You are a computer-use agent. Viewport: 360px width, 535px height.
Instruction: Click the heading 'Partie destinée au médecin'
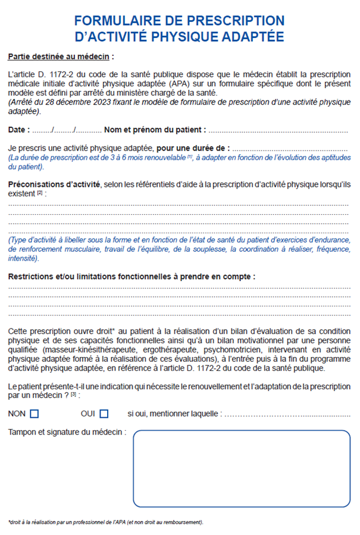(60, 57)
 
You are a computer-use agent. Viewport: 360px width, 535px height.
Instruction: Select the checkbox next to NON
(34, 414)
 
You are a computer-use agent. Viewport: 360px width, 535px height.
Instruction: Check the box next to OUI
(104, 414)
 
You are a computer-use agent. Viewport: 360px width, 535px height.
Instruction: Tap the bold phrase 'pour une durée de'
(193, 148)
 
